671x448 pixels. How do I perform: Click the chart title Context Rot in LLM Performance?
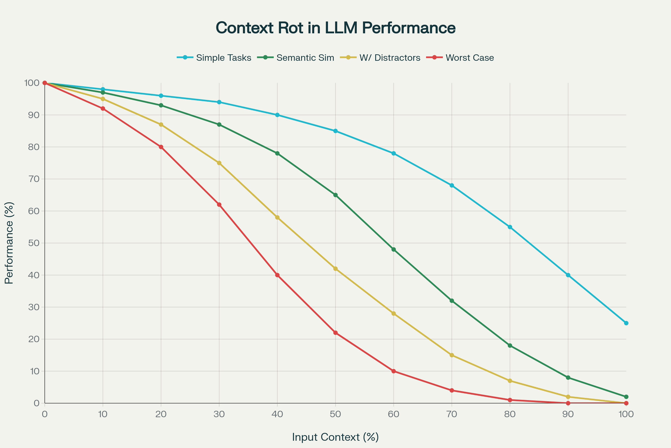335,28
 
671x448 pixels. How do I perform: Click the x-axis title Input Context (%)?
335,437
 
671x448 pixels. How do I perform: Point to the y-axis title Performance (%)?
9,243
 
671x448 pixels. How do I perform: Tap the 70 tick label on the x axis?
452,414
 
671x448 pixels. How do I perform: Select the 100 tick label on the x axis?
626,414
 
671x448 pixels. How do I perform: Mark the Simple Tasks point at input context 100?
626,323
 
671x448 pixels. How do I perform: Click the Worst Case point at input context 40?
277,275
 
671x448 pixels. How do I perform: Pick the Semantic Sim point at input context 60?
394,249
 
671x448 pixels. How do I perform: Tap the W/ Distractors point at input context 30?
219,163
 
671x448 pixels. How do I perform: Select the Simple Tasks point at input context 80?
510,227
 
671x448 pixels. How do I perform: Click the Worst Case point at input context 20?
161,147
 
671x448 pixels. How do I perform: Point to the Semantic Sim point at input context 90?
568,378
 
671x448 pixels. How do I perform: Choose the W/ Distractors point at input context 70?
452,355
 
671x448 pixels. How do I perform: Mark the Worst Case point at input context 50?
335,333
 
